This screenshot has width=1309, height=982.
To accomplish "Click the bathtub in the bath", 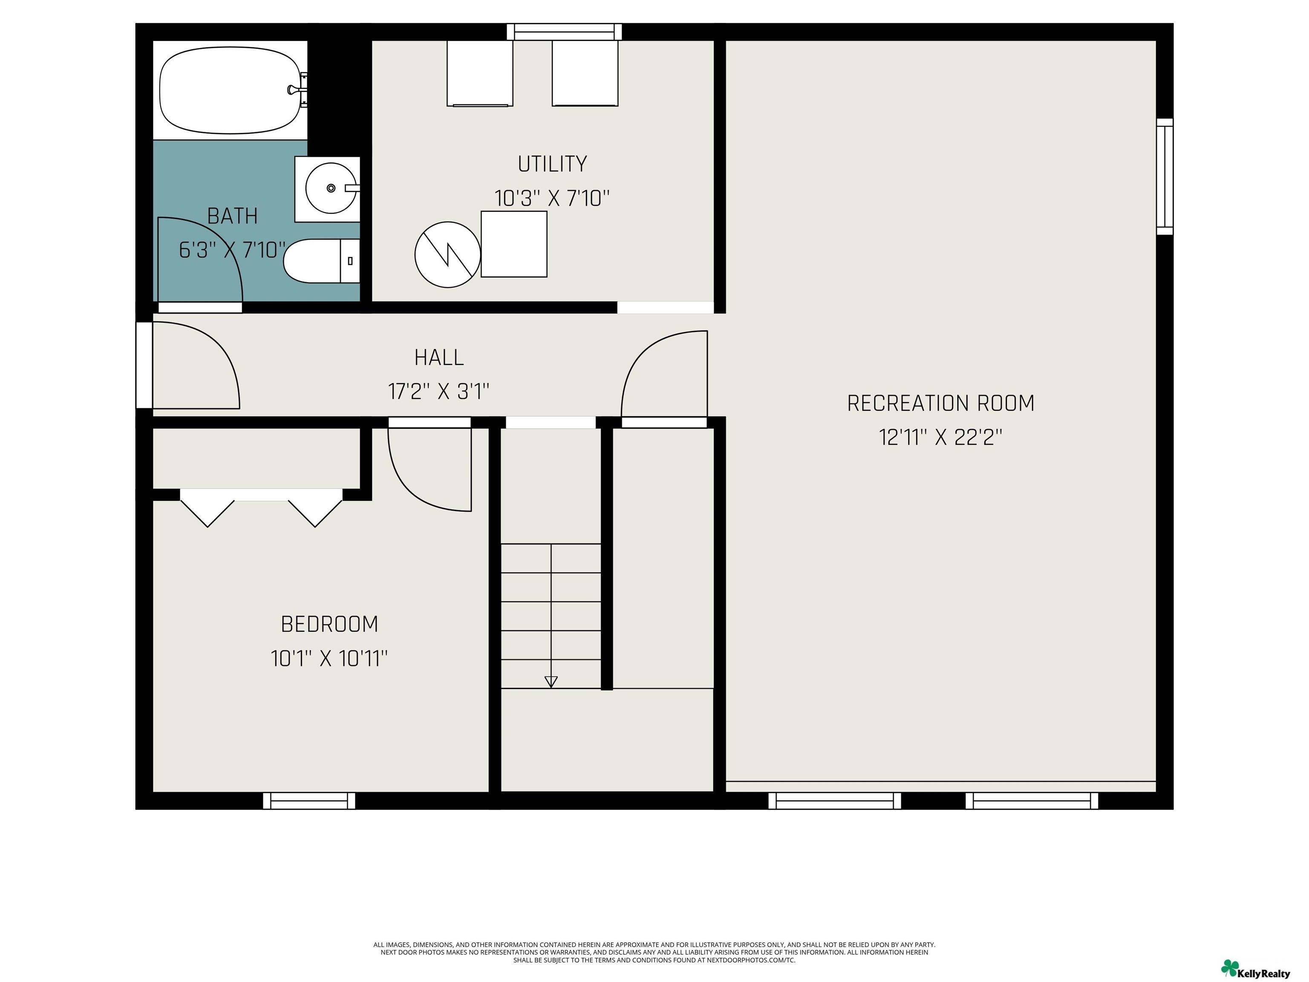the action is tap(230, 90).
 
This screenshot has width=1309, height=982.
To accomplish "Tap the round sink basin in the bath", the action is tap(331, 188).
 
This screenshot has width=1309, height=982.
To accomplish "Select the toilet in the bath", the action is tap(322, 261).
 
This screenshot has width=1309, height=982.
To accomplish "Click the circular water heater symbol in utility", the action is tap(447, 254).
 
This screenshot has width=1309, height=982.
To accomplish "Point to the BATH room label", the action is tap(233, 216).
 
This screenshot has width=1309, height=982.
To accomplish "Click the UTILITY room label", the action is tap(552, 164).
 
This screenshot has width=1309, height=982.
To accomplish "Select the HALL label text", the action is tap(438, 358).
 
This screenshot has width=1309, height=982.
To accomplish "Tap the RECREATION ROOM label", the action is tap(941, 404).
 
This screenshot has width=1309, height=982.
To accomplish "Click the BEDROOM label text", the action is tap(330, 624).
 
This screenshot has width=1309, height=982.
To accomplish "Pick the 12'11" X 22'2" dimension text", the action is tap(941, 437).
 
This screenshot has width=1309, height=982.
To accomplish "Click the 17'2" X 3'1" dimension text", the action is tap(438, 391).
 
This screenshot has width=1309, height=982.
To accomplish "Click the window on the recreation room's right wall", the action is tap(1165, 176).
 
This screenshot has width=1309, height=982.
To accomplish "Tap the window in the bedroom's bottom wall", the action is tap(309, 801).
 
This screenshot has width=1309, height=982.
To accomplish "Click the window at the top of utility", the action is tap(565, 32).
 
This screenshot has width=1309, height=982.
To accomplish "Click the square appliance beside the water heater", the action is tap(513, 244).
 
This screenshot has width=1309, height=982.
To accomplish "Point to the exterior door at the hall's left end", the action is tap(144, 365).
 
